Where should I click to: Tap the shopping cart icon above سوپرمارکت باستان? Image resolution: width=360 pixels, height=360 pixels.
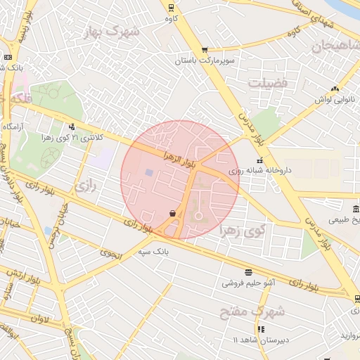[205, 50]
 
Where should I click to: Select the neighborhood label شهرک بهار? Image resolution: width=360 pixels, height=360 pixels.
[111, 32]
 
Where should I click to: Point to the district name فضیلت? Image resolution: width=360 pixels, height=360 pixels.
[268, 83]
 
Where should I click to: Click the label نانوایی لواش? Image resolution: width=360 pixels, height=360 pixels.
[334, 99]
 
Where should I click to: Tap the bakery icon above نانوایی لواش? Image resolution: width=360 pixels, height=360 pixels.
[335, 89]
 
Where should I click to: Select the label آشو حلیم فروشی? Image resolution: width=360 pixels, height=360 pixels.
[248, 283]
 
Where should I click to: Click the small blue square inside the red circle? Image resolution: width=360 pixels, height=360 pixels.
[148, 172]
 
